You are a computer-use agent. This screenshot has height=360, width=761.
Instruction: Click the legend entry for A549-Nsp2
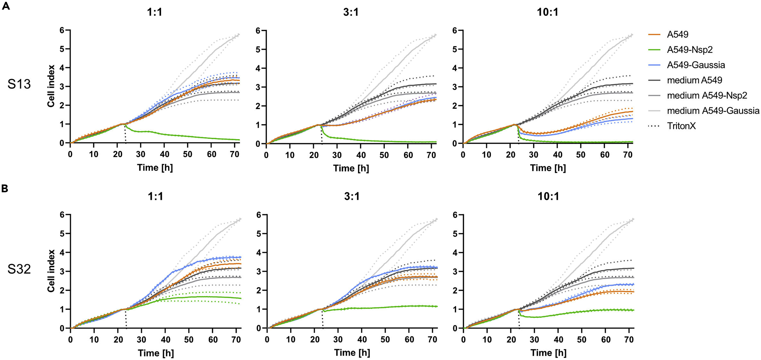(690, 50)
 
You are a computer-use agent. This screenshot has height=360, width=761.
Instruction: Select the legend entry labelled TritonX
(681, 126)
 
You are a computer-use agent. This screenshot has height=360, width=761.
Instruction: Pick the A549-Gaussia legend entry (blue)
(696, 65)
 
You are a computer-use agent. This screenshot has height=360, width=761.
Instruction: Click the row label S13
(19, 84)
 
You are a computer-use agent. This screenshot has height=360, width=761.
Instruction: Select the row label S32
(19, 269)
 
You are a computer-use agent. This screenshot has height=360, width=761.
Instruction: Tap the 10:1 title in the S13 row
(547, 12)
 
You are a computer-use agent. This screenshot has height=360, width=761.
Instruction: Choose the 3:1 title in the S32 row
(352, 196)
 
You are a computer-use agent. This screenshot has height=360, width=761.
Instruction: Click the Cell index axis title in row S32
(51, 271)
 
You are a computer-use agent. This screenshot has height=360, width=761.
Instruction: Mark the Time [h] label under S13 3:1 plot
(351, 168)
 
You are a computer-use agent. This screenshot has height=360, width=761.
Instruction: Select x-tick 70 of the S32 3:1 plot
(432, 340)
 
